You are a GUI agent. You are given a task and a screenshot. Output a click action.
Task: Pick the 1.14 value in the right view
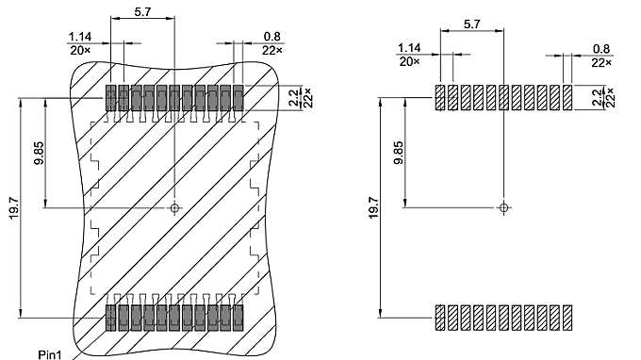click(409, 49)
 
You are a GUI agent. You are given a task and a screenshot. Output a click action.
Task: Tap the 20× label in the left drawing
click(80, 48)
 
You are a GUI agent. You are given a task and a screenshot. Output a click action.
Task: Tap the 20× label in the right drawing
click(409, 61)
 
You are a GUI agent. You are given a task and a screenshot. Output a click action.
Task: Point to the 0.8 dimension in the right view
click(600, 49)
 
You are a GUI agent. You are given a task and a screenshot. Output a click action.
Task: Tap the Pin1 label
click(49, 354)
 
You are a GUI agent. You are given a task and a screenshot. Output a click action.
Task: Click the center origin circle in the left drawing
click(174, 207)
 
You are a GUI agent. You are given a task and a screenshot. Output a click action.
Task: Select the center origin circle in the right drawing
click(504, 205)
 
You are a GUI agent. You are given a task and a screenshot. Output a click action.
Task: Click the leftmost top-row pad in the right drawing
click(440, 97)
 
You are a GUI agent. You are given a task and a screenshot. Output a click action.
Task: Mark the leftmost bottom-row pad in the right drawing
click(440, 319)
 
